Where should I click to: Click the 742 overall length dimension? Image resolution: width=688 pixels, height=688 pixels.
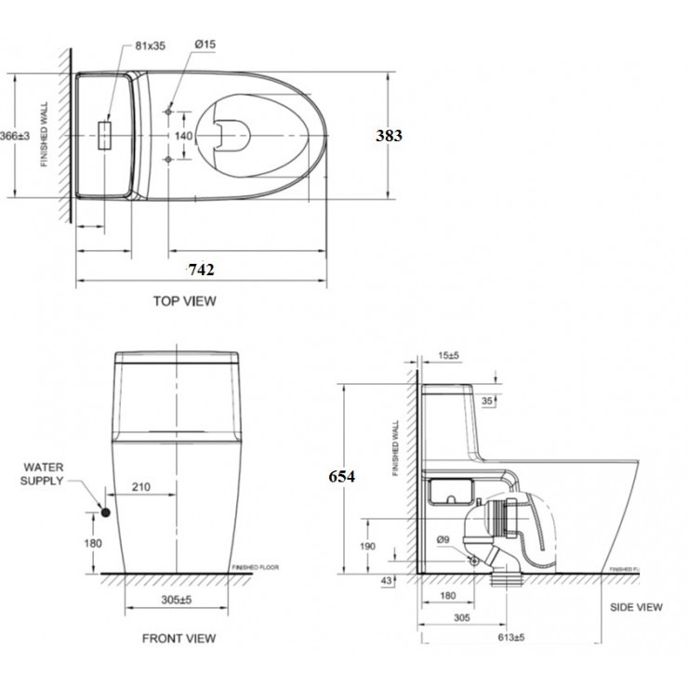click(202, 271)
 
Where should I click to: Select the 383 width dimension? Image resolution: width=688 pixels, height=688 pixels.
click(389, 136)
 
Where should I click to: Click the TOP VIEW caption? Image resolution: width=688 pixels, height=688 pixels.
click(185, 300)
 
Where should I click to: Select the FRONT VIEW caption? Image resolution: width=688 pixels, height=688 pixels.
click(179, 638)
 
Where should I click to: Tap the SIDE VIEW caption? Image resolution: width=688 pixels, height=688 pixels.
click(636, 607)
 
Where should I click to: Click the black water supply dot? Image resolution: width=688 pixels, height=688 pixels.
click(106, 512)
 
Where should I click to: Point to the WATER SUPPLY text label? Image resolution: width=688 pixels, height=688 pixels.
click(44, 474)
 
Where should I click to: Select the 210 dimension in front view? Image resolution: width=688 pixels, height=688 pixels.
click(141, 484)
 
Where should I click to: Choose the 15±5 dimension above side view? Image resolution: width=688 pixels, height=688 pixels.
click(451, 355)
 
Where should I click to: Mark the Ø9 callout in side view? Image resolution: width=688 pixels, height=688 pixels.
click(443, 538)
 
